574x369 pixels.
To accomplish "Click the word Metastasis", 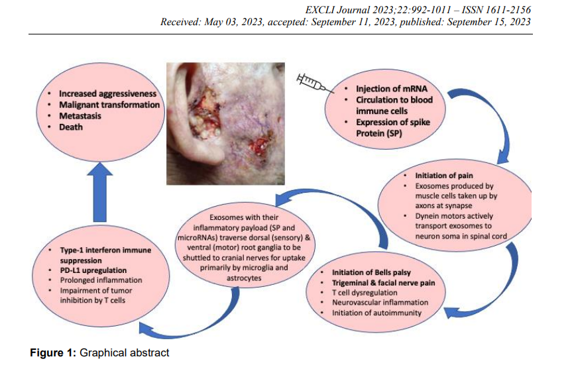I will pyautogui.click(x=83, y=116).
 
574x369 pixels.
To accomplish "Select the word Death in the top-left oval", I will pyautogui.click(x=71, y=127).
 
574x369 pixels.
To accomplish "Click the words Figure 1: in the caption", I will pyautogui.click(x=53, y=352).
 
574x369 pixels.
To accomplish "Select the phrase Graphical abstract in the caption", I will pyautogui.click(x=125, y=352).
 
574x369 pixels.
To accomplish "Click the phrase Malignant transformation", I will pyautogui.click(x=109, y=105).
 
